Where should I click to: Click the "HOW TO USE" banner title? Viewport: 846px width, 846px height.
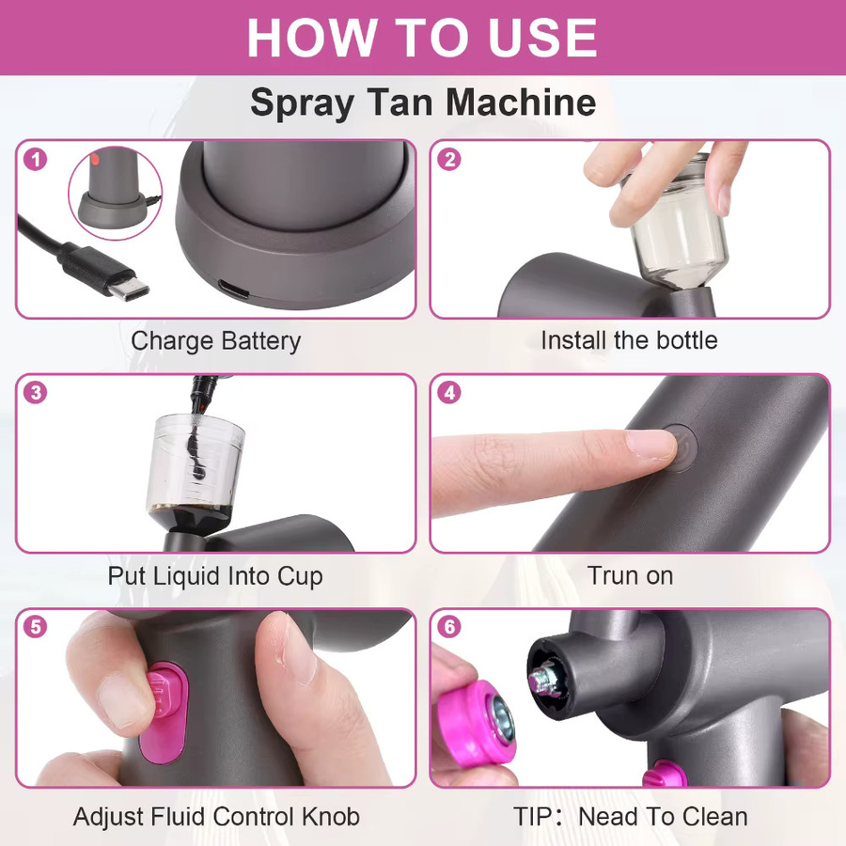pos(422,38)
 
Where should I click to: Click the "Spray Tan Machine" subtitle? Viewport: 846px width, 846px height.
pos(423,102)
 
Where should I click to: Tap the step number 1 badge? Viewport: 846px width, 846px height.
pos(36,159)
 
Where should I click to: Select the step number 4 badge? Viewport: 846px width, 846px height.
pos(449,393)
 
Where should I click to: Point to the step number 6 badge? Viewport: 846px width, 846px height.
pos(449,626)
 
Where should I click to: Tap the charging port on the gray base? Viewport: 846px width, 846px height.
pos(234,290)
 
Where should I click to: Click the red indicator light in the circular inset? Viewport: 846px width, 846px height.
pos(94,159)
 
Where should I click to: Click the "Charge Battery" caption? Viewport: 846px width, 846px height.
pos(216,341)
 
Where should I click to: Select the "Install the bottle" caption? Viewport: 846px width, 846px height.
pos(629,340)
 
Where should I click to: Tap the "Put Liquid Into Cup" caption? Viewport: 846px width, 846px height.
pos(215,576)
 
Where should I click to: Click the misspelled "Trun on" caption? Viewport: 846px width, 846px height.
pos(630,575)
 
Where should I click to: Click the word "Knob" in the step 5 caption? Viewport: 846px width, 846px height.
pos(331,816)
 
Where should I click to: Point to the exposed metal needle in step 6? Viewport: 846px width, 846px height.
pos(542,678)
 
